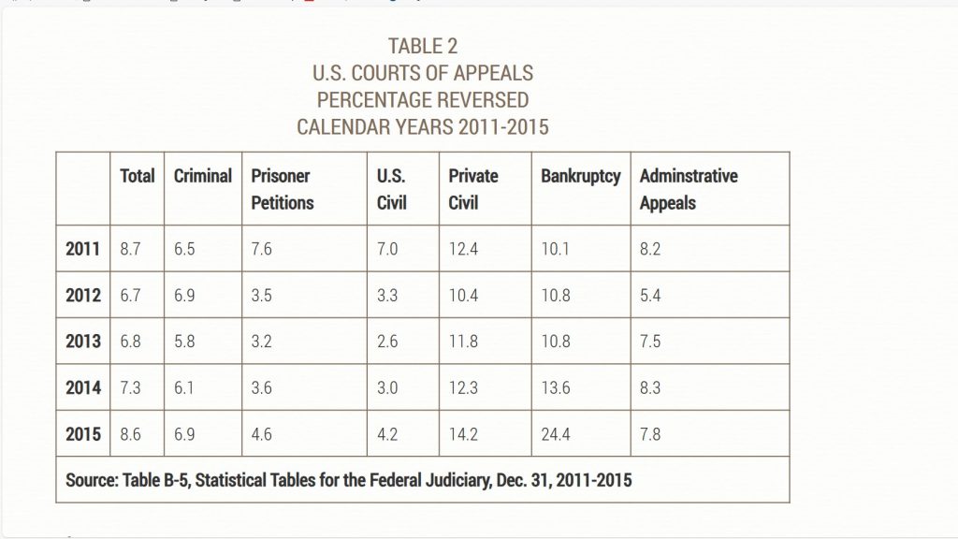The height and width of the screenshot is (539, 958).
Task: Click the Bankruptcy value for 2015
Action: tap(556, 434)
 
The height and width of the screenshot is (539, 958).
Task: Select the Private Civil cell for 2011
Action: tap(464, 250)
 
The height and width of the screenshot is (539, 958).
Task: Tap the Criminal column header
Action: tap(203, 176)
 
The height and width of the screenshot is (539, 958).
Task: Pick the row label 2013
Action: tap(83, 342)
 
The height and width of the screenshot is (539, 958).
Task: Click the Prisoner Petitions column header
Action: tap(283, 189)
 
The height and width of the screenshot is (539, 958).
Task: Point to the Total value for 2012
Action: tap(131, 296)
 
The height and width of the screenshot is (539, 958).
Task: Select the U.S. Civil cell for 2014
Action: tap(389, 387)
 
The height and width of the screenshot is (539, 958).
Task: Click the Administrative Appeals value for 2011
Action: tap(650, 250)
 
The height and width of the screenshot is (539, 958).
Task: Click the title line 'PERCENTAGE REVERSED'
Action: tap(422, 99)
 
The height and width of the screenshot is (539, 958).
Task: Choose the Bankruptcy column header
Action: tap(580, 176)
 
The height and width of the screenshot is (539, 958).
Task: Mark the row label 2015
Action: tap(83, 434)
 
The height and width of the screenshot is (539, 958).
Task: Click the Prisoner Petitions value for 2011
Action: tap(262, 250)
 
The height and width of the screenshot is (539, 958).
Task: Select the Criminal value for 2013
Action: tap(185, 342)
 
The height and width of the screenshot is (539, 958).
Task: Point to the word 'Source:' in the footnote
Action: tap(92, 481)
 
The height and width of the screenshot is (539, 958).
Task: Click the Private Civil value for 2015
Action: tap(464, 434)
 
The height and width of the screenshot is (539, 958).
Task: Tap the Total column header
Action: tap(138, 176)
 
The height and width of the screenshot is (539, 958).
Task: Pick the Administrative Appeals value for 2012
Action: tap(650, 296)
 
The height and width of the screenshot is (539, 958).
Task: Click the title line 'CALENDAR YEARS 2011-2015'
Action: tap(422, 125)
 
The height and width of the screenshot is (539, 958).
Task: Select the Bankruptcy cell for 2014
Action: tap(556, 387)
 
